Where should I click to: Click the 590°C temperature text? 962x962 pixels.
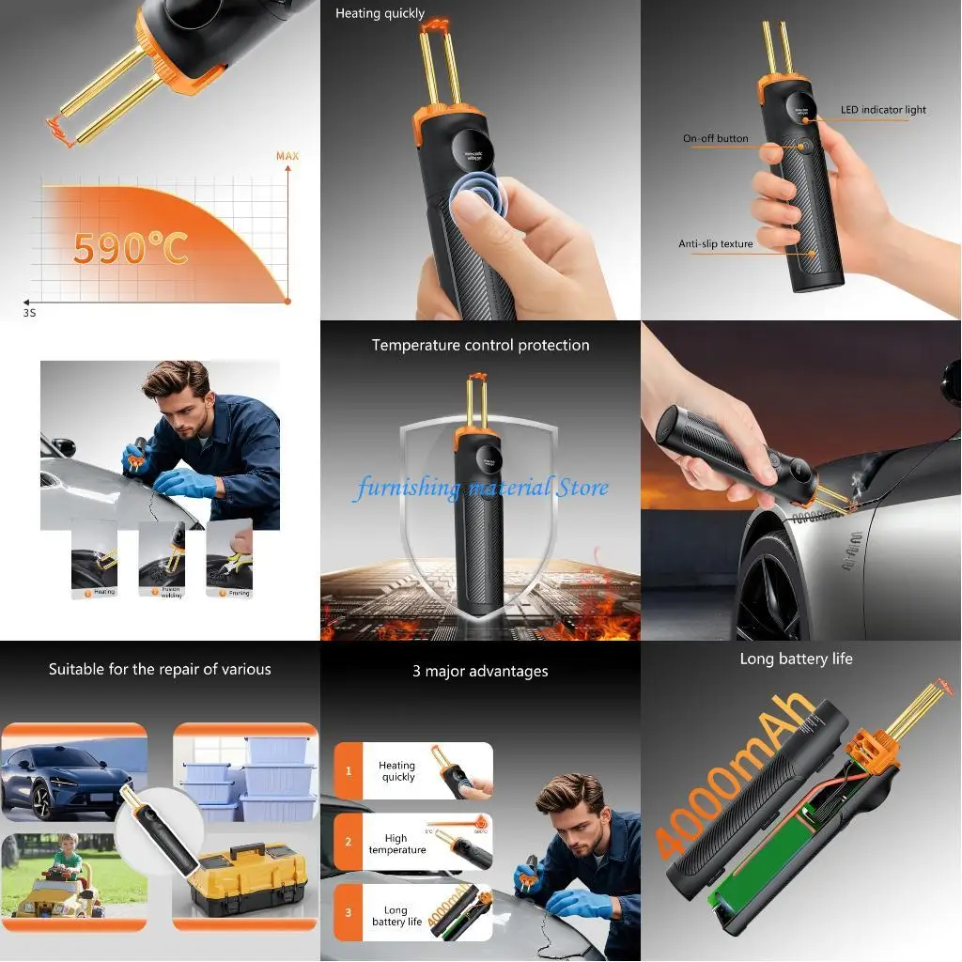click(x=131, y=247)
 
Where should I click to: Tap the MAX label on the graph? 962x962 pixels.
click(x=287, y=155)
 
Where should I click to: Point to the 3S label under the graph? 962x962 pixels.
click(x=29, y=312)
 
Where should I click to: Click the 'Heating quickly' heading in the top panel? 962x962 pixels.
click(x=380, y=14)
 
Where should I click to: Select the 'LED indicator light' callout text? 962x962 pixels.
click(x=882, y=110)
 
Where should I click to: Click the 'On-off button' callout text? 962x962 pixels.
click(x=715, y=139)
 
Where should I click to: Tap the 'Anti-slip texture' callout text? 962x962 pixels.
click(x=715, y=244)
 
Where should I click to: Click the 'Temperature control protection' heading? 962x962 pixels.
click(x=480, y=345)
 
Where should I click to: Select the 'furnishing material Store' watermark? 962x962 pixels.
click(x=481, y=488)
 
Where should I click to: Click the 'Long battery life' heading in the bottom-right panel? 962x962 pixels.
click(x=796, y=659)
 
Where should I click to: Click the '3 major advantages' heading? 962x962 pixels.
click(x=480, y=671)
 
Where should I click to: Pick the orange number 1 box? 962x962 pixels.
click(x=349, y=770)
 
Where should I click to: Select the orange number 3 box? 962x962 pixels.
click(x=349, y=911)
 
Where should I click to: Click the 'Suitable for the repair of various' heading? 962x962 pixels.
click(x=160, y=669)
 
